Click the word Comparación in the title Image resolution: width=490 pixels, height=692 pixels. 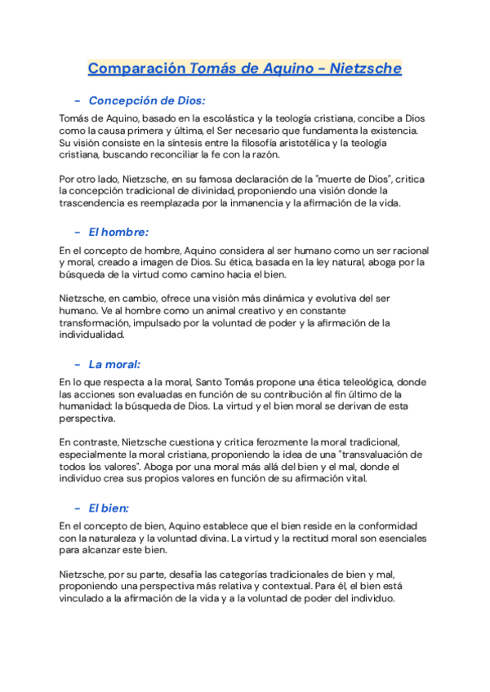(x=136, y=69)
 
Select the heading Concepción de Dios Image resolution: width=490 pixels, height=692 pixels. (x=147, y=101)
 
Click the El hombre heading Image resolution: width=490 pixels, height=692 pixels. (x=119, y=232)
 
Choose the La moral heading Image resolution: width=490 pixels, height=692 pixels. (x=115, y=364)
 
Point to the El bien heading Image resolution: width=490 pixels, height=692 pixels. (x=111, y=507)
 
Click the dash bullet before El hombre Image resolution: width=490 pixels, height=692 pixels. (x=77, y=232)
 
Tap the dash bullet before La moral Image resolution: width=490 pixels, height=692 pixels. (x=77, y=364)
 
